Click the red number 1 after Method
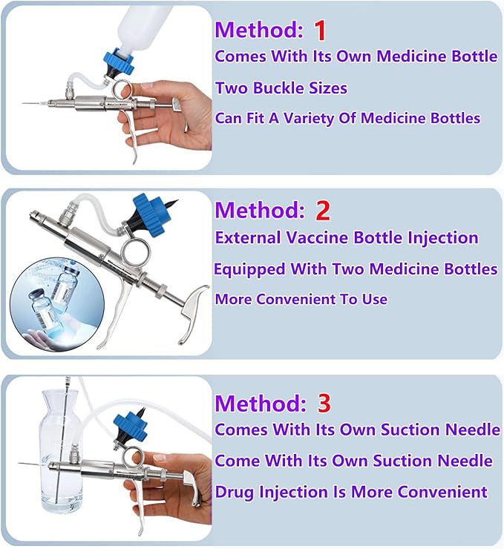[320, 30]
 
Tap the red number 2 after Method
[323, 211]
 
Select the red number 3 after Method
[324, 403]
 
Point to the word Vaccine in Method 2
[317, 237]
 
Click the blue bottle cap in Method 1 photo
[119, 63]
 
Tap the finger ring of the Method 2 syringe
[135, 252]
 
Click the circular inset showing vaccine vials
[57, 303]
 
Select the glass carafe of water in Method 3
[62, 452]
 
